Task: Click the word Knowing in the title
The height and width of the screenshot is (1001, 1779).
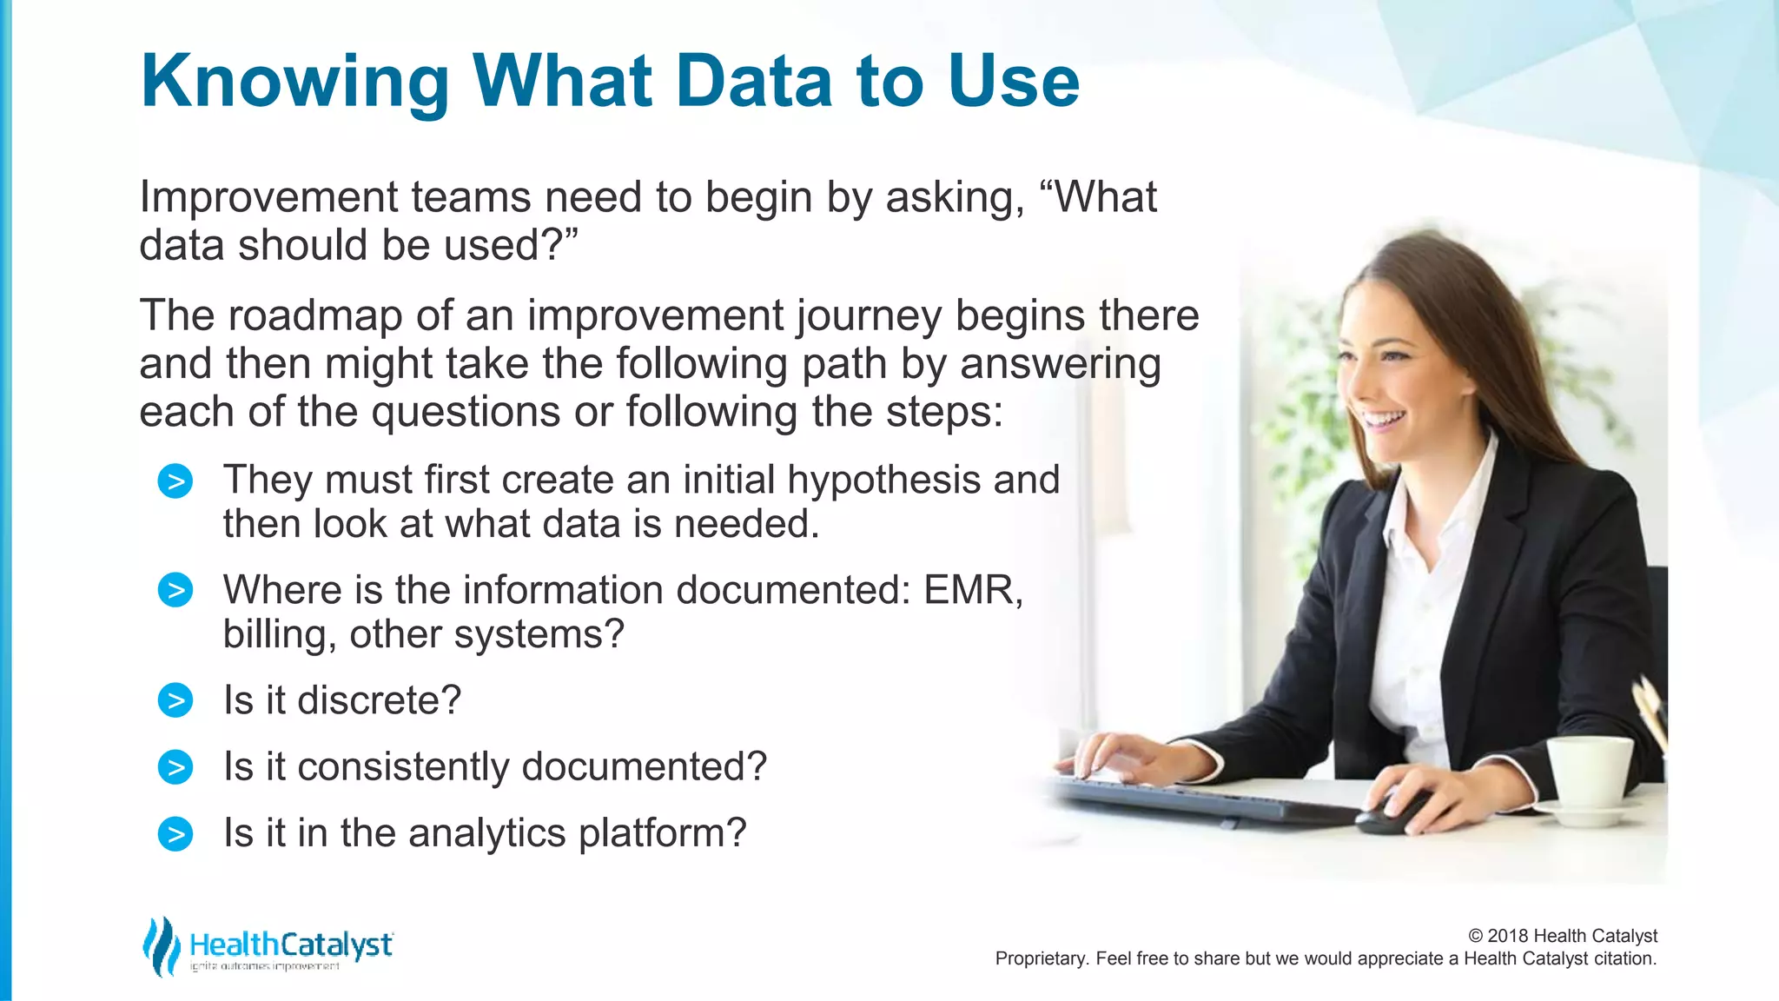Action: (x=294, y=83)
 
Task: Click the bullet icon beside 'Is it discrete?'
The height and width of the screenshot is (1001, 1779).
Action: (x=175, y=700)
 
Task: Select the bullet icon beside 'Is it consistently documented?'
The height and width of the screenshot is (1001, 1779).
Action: (x=175, y=767)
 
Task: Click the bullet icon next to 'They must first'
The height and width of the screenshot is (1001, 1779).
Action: (x=175, y=481)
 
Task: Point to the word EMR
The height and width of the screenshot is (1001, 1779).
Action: (x=972, y=590)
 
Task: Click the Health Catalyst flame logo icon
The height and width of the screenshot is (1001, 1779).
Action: (x=161, y=946)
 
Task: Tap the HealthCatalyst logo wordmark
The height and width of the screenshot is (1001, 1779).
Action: (x=291, y=945)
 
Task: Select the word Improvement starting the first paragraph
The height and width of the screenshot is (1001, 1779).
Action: (x=268, y=197)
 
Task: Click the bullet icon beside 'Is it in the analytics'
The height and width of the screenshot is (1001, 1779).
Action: (x=175, y=834)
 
